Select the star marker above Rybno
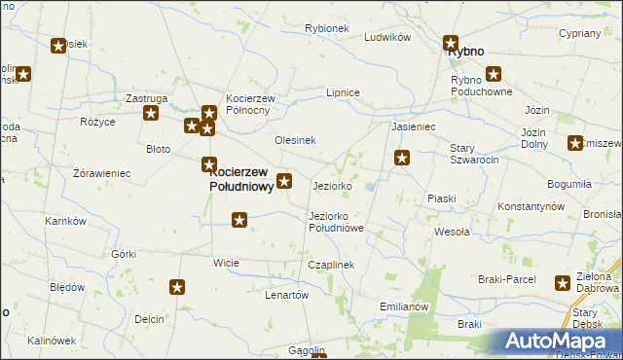(451, 43)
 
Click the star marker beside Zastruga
(152, 114)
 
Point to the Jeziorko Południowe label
(336, 222)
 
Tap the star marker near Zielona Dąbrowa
(563, 283)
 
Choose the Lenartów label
(286, 295)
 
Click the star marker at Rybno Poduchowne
(494, 73)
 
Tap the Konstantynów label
(531, 207)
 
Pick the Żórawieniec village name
(101, 173)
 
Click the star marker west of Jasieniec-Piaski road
(401, 158)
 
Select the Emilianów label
(404, 306)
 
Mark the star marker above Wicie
(239, 221)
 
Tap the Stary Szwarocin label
(474, 154)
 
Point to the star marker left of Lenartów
(177, 287)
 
